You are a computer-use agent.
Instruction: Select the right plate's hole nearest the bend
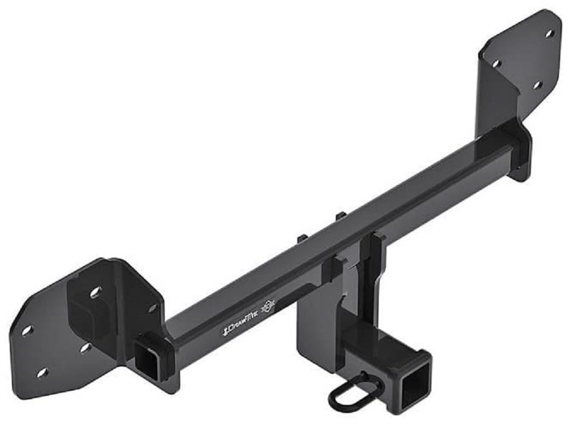(496, 63)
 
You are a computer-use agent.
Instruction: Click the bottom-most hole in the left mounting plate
(42, 373)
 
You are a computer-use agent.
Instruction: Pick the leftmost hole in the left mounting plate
(26, 331)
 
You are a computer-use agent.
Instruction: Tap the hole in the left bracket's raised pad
(94, 292)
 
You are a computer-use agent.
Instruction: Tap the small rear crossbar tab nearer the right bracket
(340, 216)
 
